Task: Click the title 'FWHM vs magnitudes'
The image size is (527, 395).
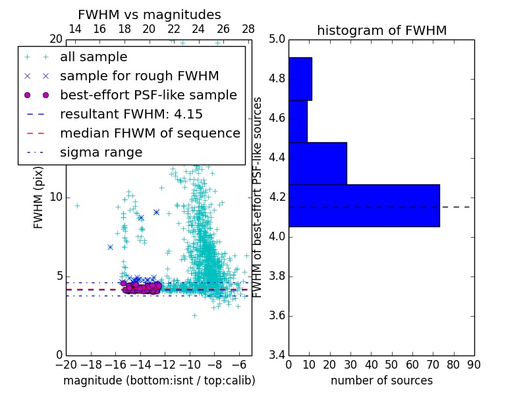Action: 150,15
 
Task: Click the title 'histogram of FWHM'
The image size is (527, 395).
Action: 381,30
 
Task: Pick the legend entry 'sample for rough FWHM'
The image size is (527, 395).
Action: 139,76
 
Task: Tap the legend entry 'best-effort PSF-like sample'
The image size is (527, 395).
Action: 148,95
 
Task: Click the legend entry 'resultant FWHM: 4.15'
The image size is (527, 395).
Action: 131,114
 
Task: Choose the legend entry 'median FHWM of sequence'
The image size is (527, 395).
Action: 150,133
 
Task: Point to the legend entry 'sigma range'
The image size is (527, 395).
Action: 101,152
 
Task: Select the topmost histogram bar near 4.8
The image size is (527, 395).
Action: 300,79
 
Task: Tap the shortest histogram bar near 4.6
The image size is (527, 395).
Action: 298,121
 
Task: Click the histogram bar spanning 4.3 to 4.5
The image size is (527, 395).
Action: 318,163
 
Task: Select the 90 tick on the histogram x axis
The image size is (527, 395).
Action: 474,364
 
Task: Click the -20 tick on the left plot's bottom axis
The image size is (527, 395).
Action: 66,364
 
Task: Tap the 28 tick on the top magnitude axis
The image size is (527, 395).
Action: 248,29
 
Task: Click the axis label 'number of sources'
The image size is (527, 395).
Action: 381,381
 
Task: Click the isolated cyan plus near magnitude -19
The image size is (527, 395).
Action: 77,205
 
